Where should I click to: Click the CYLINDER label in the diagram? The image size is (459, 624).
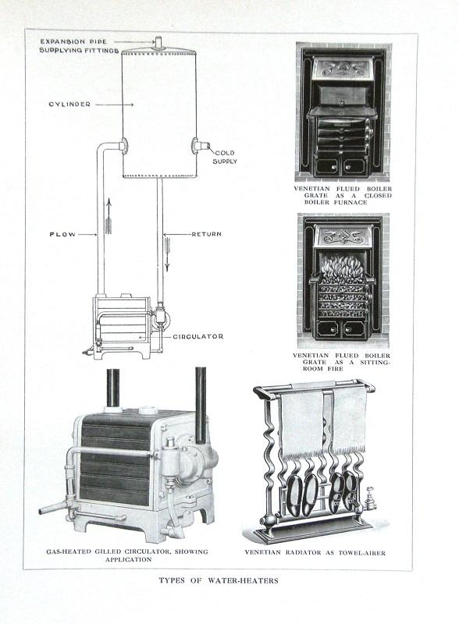(x=69, y=105)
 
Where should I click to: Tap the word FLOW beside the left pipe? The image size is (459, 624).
(x=62, y=235)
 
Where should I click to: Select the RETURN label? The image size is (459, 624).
(x=206, y=234)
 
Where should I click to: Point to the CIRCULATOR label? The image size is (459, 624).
(x=198, y=337)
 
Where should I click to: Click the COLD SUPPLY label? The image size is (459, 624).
(x=225, y=158)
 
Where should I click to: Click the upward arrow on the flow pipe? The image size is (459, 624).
(x=108, y=217)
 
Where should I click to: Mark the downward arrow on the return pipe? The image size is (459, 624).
(x=167, y=255)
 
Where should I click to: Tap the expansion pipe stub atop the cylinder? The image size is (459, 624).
(x=159, y=43)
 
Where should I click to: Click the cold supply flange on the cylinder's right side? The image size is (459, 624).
(x=196, y=145)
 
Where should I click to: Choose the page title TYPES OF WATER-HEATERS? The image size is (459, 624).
(x=219, y=580)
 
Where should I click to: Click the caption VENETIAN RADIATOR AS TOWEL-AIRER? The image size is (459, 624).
(x=315, y=552)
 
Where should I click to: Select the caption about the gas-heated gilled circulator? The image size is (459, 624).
(x=127, y=555)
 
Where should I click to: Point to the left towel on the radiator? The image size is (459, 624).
(x=302, y=423)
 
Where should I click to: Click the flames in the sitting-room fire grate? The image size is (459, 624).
(x=342, y=269)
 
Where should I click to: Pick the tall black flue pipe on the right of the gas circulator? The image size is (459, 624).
(x=201, y=405)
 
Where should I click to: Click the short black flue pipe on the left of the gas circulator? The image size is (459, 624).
(x=113, y=388)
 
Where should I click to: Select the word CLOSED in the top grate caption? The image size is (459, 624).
(x=378, y=196)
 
